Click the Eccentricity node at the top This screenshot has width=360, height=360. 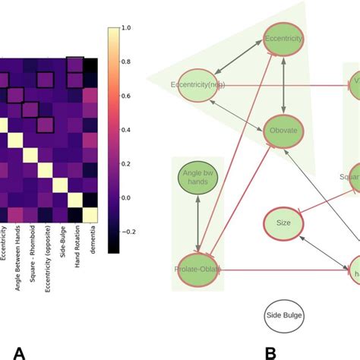click(x=285, y=39)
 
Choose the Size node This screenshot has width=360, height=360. click(x=284, y=223)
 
